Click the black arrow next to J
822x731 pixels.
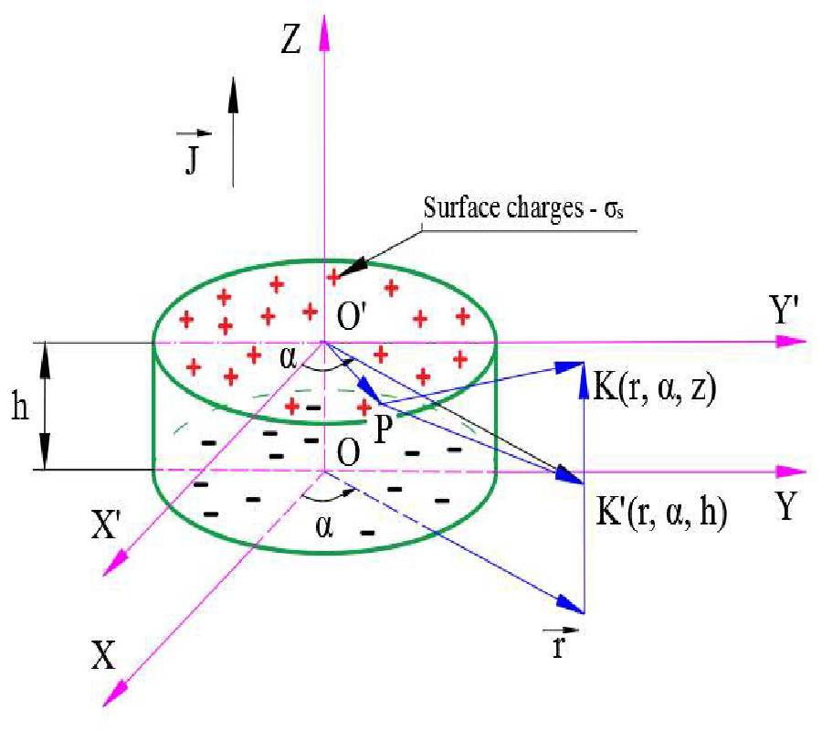[x=233, y=128]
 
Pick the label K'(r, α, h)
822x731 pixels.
[x=660, y=514]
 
